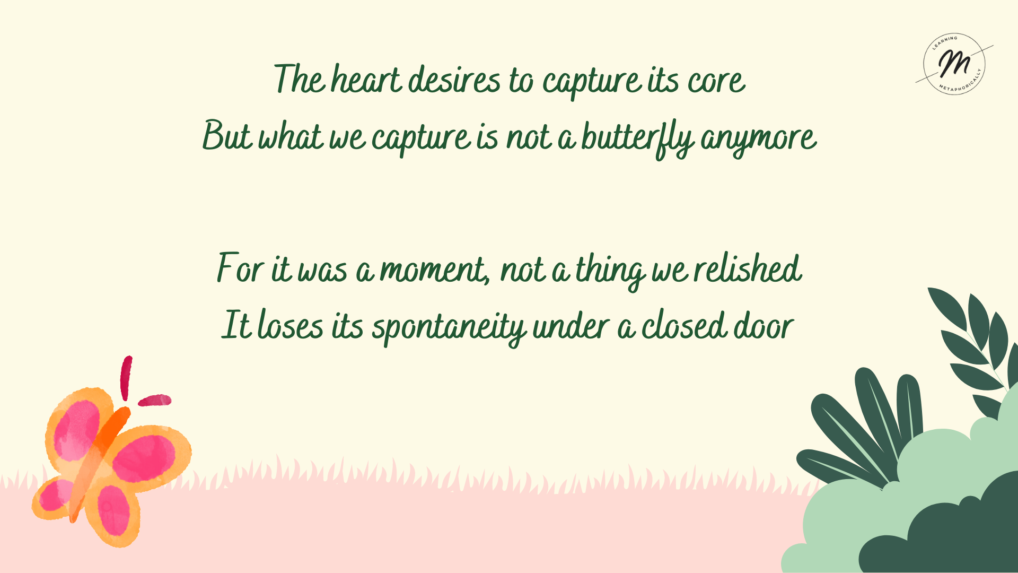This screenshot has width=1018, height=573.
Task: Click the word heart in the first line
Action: click(x=366, y=80)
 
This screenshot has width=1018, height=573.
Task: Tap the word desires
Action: click(x=454, y=81)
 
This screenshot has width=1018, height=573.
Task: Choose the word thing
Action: click(x=610, y=271)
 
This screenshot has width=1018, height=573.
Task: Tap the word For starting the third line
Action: click(x=240, y=268)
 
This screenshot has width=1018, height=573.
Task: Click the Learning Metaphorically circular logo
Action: click(x=954, y=64)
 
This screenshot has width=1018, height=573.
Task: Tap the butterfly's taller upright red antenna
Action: click(x=126, y=378)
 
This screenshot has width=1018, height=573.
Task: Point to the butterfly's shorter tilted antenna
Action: click(x=154, y=400)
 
